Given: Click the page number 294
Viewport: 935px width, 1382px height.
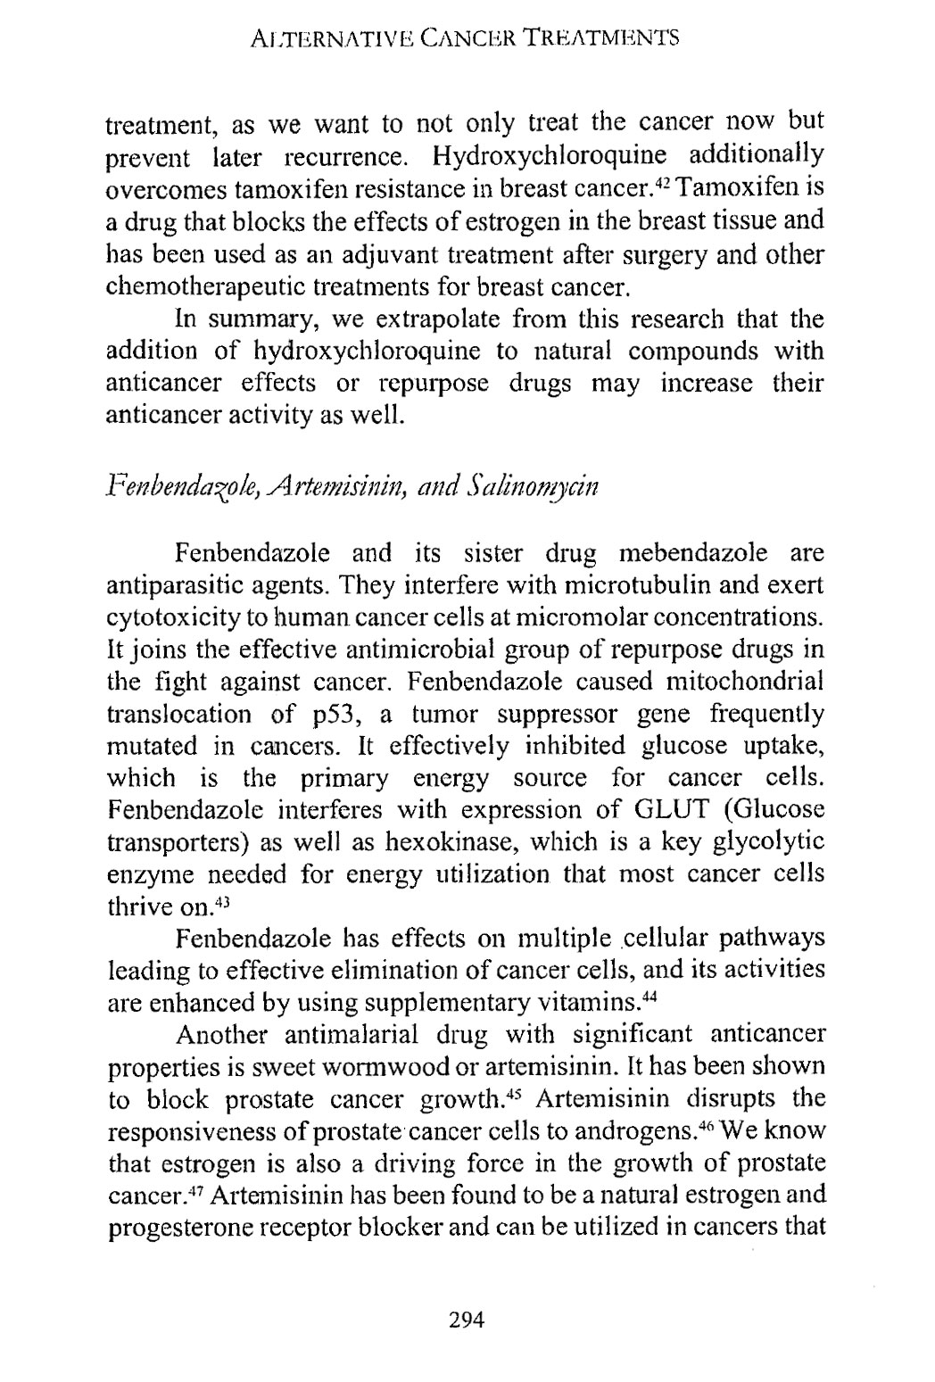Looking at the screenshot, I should [466, 1319].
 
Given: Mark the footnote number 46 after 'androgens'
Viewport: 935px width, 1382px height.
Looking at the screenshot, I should [730, 1121].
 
